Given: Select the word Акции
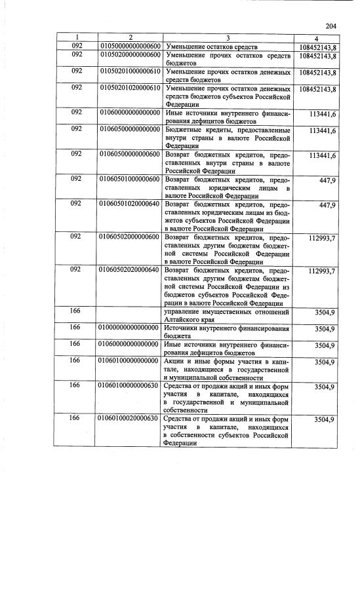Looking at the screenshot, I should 177,361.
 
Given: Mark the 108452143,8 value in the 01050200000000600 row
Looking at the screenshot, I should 317,57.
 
